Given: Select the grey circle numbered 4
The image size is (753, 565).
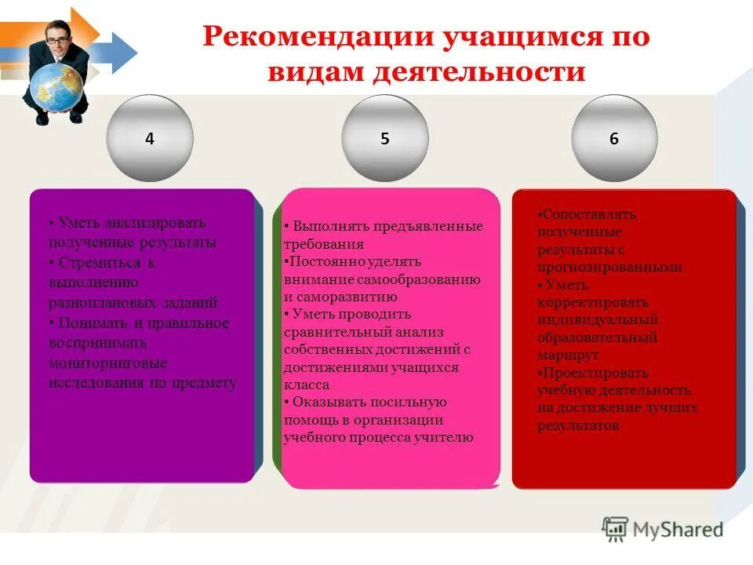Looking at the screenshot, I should coord(150,139).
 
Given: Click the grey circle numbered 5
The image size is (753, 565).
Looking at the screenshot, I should coord(384,139).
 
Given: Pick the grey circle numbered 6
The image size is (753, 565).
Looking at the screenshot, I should coord(613,139).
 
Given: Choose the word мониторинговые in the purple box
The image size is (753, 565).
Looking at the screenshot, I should coord(107,363).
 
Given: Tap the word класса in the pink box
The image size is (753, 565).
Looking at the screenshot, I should coord(307,385).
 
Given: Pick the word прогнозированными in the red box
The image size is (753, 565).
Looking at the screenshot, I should coord(609,267).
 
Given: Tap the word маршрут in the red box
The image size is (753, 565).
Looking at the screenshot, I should coord(569,355).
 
